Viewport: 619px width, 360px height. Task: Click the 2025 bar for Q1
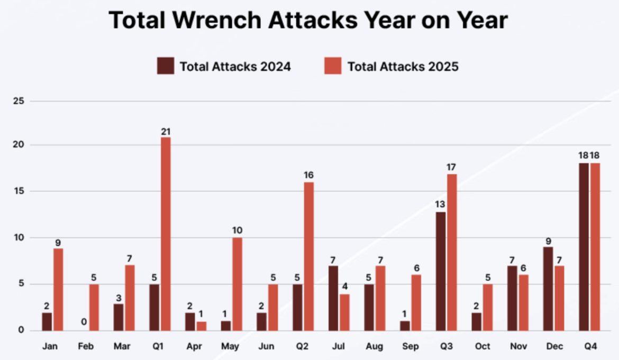click(x=166, y=234)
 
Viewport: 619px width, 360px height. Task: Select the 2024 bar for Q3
click(x=441, y=271)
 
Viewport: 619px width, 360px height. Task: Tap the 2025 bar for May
click(x=237, y=284)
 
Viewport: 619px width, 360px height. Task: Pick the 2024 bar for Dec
click(x=548, y=289)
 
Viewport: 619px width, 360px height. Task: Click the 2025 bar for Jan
click(x=58, y=289)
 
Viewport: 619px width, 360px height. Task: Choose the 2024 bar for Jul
click(x=333, y=298)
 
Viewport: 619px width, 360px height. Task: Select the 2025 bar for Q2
click(x=308, y=256)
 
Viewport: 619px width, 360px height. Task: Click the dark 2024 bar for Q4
click(x=584, y=247)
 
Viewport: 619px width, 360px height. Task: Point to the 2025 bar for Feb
click(x=94, y=307)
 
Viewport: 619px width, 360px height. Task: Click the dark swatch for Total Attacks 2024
click(x=165, y=67)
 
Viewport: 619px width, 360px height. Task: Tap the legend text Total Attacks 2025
click(x=403, y=67)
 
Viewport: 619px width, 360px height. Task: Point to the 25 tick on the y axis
click(x=20, y=100)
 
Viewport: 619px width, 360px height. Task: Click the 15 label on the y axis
click(x=20, y=191)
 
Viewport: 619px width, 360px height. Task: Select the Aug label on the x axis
click(x=375, y=346)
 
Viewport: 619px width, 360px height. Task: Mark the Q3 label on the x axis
click(x=446, y=346)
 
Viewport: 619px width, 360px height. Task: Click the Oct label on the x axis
click(x=482, y=346)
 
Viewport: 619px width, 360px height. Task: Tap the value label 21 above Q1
click(x=166, y=131)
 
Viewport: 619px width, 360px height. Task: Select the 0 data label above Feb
click(x=84, y=322)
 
